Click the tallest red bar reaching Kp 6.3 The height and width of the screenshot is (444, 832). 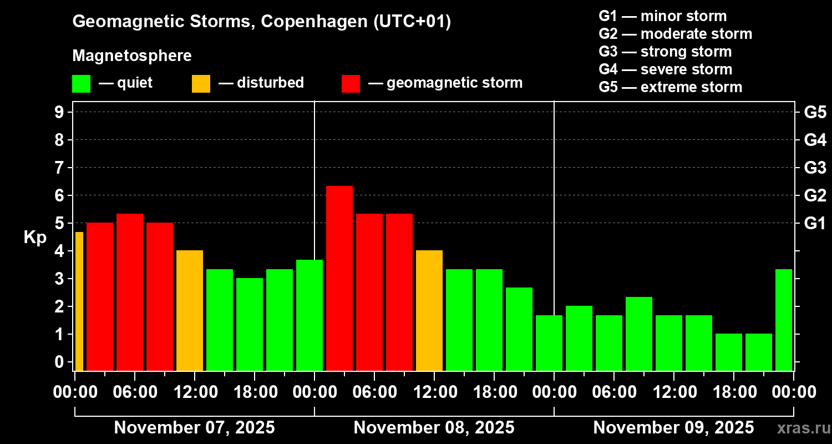tap(339, 277)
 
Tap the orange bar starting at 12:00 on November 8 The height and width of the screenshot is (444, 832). tap(429, 310)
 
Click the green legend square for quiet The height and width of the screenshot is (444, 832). tap(81, 84)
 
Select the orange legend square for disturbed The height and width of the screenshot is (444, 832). tap(201, 84)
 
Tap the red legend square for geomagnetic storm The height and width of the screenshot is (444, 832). tap(351, 84)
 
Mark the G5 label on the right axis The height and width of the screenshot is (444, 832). tap(815, 113)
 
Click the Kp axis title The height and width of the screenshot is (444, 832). tap(35, 238)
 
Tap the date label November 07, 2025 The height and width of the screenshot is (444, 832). tap(194, 428)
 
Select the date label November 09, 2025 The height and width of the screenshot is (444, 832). tap(673, 428)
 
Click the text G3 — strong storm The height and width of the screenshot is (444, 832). tap(665, 52)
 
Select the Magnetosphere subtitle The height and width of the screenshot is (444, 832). tap(132, 56)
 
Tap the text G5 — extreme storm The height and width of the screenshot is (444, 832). tap(670, 87)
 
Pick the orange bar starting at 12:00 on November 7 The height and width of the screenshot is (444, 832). tap(190, 310)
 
